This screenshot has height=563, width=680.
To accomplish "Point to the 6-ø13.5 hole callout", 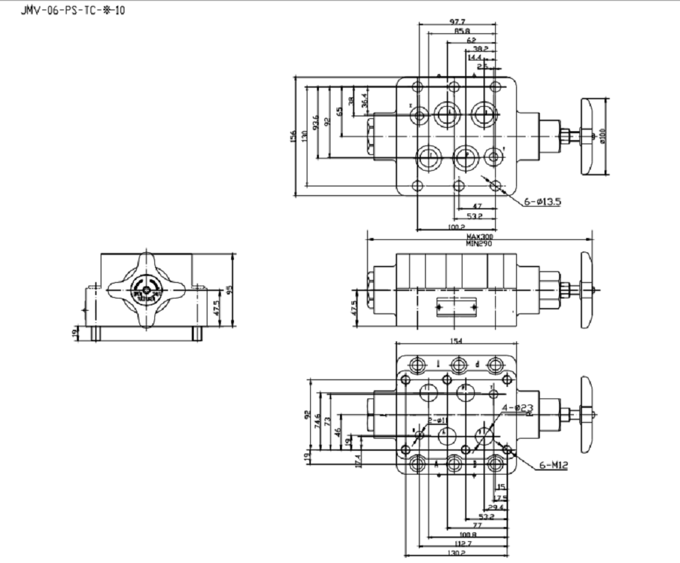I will point(542,201).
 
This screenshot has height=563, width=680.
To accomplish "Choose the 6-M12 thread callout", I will point(554,465).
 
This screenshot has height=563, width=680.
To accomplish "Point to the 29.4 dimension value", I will point(496,507).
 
